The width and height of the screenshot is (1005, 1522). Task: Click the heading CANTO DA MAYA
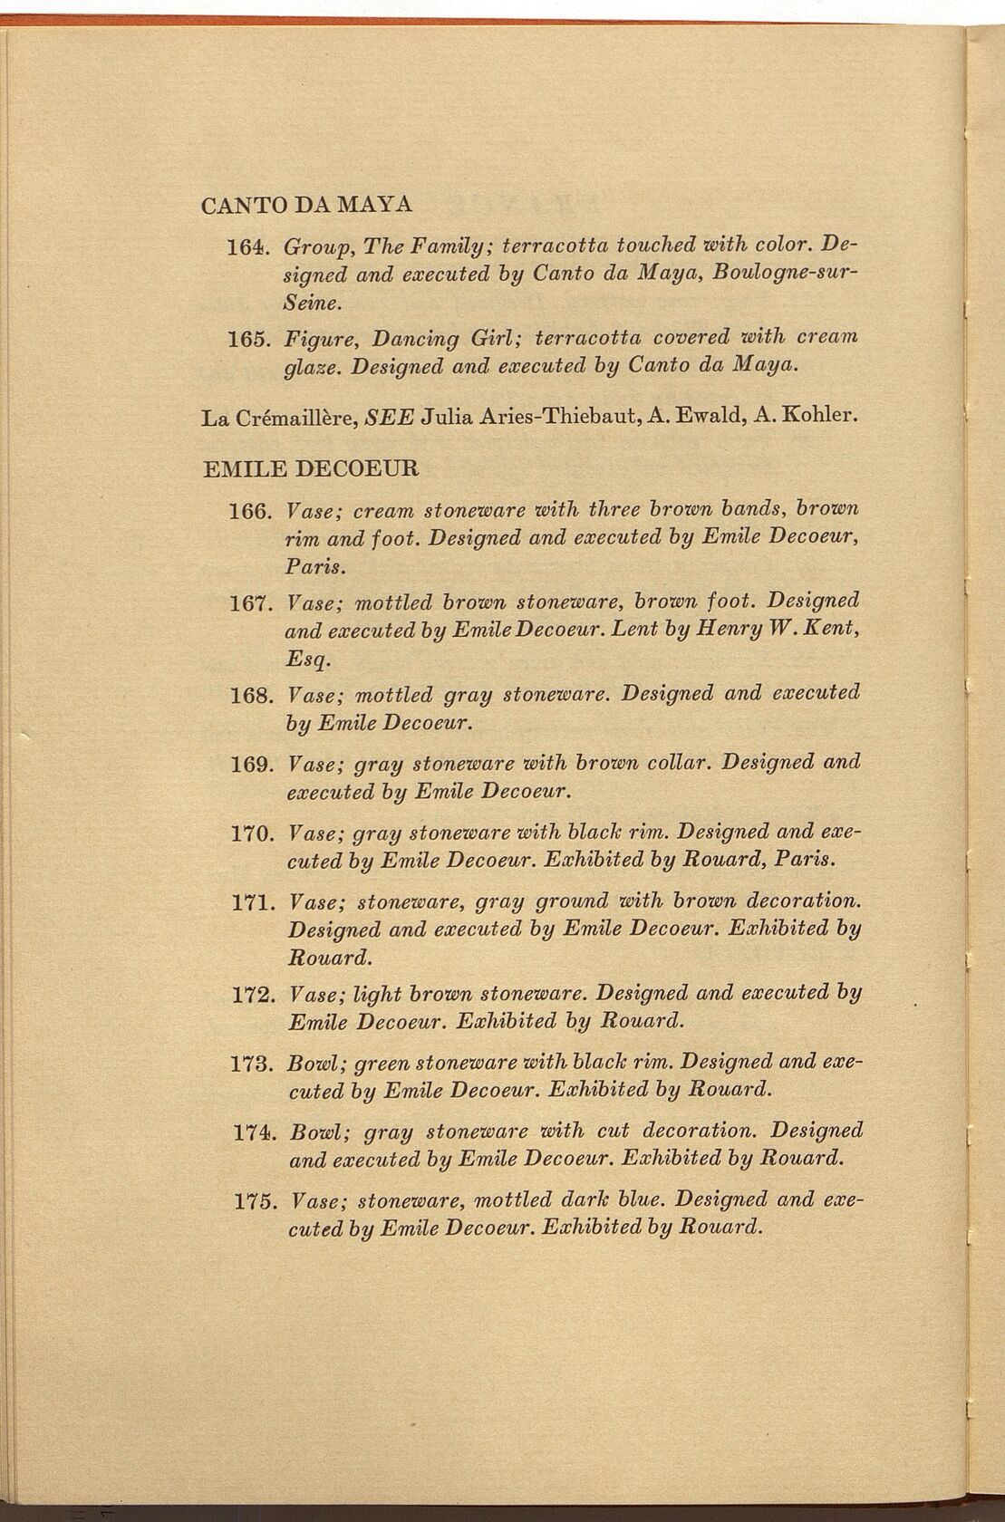[x=306, y=204]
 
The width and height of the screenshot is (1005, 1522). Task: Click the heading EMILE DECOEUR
[x=311, y=469]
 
